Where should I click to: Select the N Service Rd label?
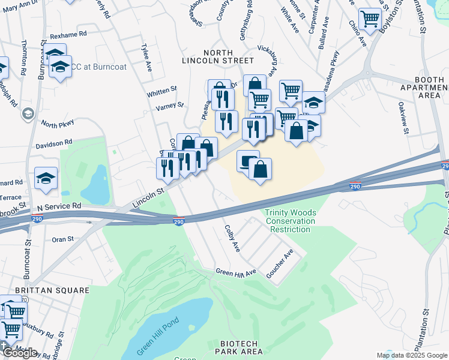(x=58, y=206)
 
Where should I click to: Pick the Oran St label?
(x=62, y=239)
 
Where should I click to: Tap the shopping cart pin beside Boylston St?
(x=370, y=19)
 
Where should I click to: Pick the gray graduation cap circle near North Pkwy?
(x=28, y=113)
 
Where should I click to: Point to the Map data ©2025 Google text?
(x=411, y=355)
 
